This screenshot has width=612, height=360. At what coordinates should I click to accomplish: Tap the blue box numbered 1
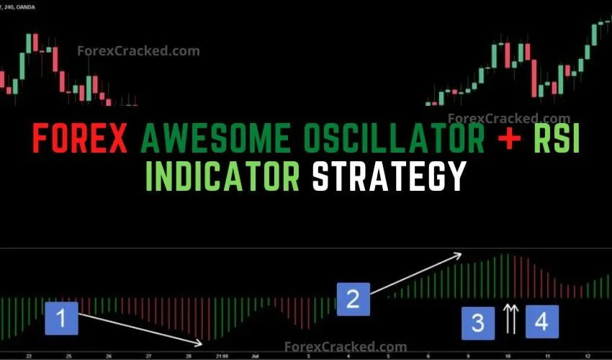pos(61,318)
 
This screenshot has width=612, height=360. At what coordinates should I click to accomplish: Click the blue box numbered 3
pos(477,321)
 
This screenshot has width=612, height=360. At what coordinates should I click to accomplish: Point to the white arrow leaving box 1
pos(140,328)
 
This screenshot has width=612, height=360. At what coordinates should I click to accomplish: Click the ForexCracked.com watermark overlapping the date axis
pos(346,348)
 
